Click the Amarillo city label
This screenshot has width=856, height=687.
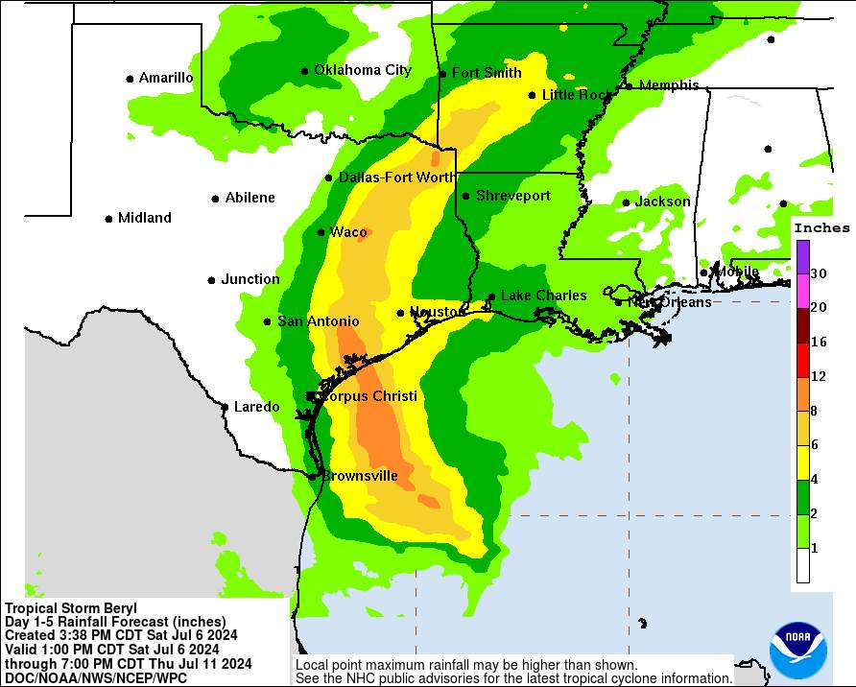pyautogui.click(x=166, y=78)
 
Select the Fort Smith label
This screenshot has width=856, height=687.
pyautogui.click(x=487, y=73)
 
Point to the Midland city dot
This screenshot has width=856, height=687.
pyautogui.click(x=108, y=219)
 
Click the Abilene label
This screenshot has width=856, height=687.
pyautogui.click(x=250, y=198)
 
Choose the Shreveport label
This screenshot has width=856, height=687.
pyautogui.click(x=513, y=196)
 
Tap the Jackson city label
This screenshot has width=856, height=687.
pyautogui.click(x=662, y=201)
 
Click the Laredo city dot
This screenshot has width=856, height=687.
pyautogui.click(x=225, y=407)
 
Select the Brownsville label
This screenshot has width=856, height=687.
pyautogui.click(x=360, y=475)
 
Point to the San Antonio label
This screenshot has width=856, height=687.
pyautogui.click(x=319, y=321)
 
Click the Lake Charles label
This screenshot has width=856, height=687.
pyautogui.click(x=543, y=296)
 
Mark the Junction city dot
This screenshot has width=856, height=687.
pyautogui.click(x=211, y=280)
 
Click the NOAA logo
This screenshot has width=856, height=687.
pyautogui.click(x=797, y=651)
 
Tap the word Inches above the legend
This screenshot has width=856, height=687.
pyautogui.click(x=821, y=228)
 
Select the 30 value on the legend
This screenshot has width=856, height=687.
pyautogui.click(x=819, y=273)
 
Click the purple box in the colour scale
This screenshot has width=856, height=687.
pyautogui.click(x=802, y=257)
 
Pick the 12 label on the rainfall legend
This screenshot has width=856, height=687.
pyautogui.click(x=819, y=376)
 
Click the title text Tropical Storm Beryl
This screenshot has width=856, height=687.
pyautogui.click(x=71, y=608)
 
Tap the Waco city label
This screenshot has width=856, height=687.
pyautogui.click(x=348, y=232)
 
